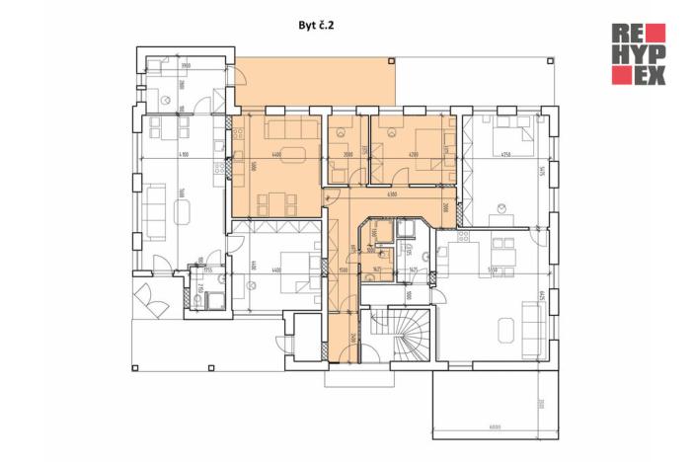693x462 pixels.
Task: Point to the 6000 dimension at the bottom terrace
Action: (494, 426)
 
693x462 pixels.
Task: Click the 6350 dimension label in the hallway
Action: (392, 194)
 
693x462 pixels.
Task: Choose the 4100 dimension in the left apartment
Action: (184, 155)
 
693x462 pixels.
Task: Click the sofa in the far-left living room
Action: (156, 206)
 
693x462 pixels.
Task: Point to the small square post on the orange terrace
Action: (393, 61)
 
